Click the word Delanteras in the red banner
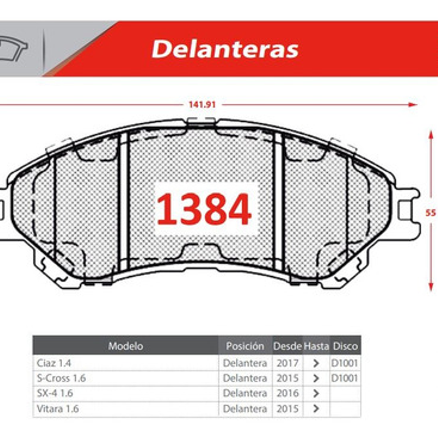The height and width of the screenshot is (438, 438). coord(225,49)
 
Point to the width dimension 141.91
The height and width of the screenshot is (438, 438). coord(202,105)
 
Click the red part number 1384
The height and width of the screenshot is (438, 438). coord(204,209)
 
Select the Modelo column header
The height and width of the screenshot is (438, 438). coord(126,346)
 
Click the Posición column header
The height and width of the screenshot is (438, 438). coord(245,346)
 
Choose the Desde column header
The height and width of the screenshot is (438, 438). coord(287,346)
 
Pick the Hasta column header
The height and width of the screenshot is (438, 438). coord(316,346)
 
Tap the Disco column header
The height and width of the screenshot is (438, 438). coord(345,346)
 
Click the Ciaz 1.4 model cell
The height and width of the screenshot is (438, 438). coord(54,363)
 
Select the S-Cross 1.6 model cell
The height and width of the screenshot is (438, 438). coord(61,378)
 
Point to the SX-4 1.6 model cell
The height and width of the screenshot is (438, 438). coord(55,393)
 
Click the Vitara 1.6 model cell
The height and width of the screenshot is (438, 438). coord(58,408)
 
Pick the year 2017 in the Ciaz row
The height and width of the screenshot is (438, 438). coord(287,363)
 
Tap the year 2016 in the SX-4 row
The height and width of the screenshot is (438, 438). coord(287,393)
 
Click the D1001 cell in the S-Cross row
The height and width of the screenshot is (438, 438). coord(345,378)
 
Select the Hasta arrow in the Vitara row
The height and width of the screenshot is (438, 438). coord(316,408)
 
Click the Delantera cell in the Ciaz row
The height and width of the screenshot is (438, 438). coord(245,363)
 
